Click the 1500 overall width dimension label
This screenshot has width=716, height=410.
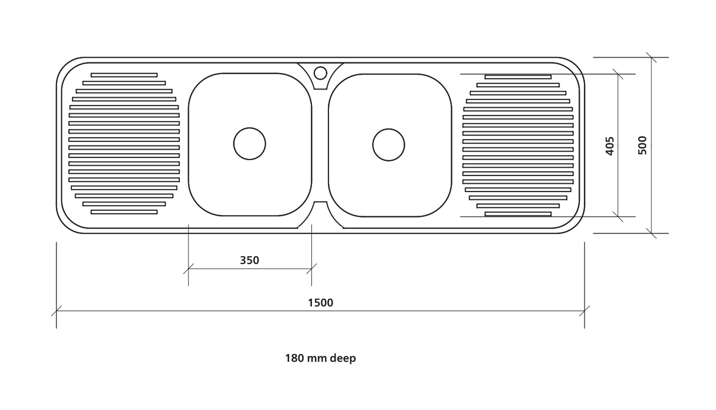pyautogui.click(x=320, y=303)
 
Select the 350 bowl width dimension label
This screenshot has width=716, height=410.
pyautogui.click(x=249, y=260)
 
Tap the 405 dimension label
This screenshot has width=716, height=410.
pyautogui.click(x=610, y=146)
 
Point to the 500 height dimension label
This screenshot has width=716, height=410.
pyautogui.click(x=642, y=146)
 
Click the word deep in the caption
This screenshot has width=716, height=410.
pyautogui.click(x=343, y=359)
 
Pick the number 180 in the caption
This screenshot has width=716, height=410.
pyautogui.click(x=294, y=358)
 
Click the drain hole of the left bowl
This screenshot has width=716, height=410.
pyautogui.click(x=249, y=144)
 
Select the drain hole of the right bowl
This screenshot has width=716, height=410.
pyautogui.click(x=388, y=145)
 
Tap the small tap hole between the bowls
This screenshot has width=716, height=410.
pyautogui.click(x=320, y=73)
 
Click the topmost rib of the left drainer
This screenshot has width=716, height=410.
pyautogui.click(x=124, y=75)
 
